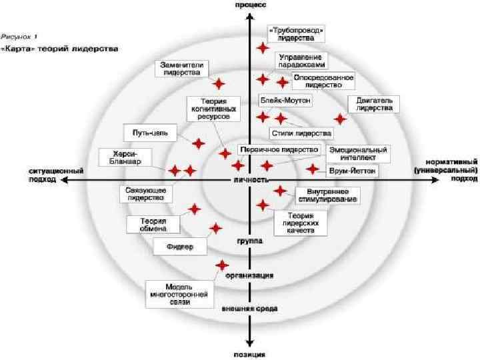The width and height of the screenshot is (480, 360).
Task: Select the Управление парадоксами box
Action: click(x=302, y=61)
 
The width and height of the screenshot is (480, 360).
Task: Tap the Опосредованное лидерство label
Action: click(x=323, y=81)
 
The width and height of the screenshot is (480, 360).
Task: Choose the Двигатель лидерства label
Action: click(x=374, y=103)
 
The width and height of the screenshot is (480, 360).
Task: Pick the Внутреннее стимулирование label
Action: click(x=327, y=195)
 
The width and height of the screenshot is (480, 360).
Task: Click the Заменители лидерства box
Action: click(x=183, y=69)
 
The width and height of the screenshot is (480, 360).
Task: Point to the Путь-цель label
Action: click(x=150, y=133)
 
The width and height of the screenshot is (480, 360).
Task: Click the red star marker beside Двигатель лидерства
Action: click(x=341, y=119)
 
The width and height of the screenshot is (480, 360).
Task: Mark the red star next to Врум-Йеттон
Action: click(x=312, y=169)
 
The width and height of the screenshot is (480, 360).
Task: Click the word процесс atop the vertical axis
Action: click(x=249, y=5)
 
